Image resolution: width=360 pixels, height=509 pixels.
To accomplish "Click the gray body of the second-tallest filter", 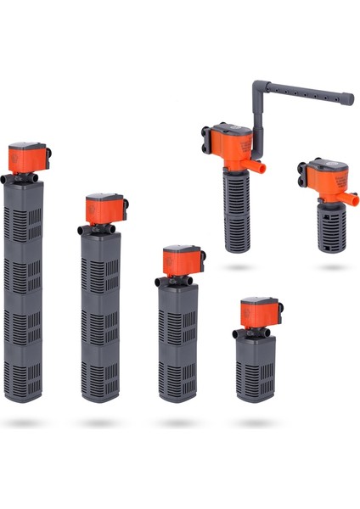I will click(x=101, y=314).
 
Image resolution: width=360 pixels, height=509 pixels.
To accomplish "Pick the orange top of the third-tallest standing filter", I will click(x=181, y=260).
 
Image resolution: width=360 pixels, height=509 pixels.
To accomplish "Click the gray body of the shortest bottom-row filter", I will click(x=256, y=365).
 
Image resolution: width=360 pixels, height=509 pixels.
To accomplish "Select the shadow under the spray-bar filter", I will click(x=239, y=267).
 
